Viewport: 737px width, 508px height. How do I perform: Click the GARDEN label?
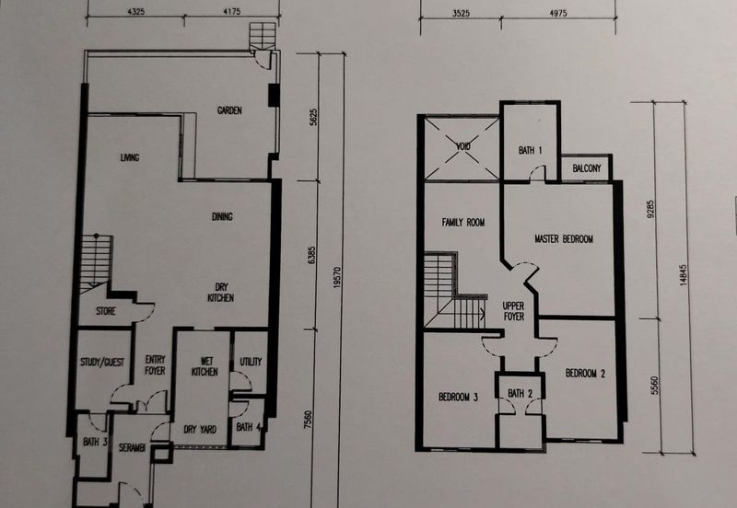[x=229, y=110]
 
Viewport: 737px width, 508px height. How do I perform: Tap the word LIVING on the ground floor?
[x=130, y=157]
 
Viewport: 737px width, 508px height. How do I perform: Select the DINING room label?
[x=222, y=216]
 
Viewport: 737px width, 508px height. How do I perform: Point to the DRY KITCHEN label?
[x=221, y=292]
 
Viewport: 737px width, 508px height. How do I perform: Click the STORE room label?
[x=106, y=311]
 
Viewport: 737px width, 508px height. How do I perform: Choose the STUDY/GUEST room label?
[x=102, y=362]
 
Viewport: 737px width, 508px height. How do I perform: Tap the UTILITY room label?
[x=251, y=362]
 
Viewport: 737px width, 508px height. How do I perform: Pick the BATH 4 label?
[x=249, y=427]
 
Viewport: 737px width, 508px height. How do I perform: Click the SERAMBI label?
[x=132, y=447]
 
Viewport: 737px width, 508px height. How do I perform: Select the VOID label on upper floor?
[x=463, y=146]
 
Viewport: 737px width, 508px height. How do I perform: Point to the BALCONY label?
[x=587, y=168]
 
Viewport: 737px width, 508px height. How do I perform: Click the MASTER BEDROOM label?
[x=564, y=239]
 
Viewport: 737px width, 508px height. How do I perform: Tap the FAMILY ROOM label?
[x=463, y=222]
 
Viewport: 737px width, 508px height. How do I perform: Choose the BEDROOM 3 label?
[x=458, y=398]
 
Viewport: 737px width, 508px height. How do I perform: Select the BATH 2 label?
[x=520, y=394]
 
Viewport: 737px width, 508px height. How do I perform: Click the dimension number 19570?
[x=336, y=277]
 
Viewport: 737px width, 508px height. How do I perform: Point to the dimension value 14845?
[x=683, y=274]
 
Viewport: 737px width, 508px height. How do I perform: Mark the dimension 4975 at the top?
[x=558, y=13]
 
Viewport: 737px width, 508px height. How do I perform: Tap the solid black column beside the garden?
[x=274, y=95]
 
